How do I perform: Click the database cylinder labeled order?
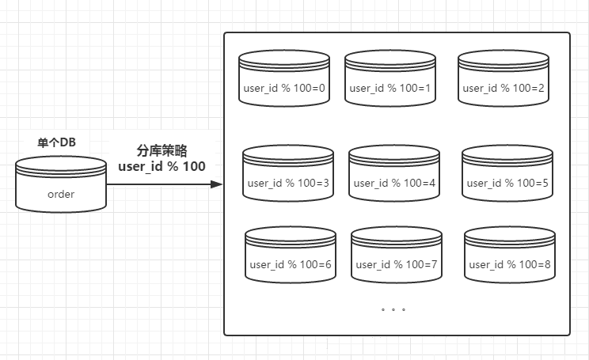[61, 185]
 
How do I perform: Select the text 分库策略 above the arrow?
[161, 150]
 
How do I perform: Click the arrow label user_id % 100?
[161, 166]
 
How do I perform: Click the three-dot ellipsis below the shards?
[393, 310]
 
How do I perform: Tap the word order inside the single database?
[61, 194]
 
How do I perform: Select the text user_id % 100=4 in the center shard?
[394, 183]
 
